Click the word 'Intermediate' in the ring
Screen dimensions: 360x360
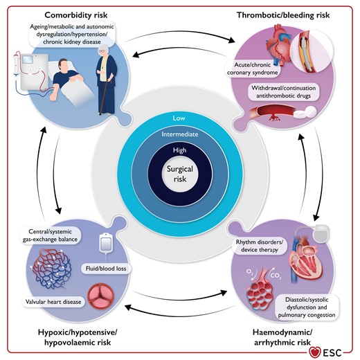click(179, 133)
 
